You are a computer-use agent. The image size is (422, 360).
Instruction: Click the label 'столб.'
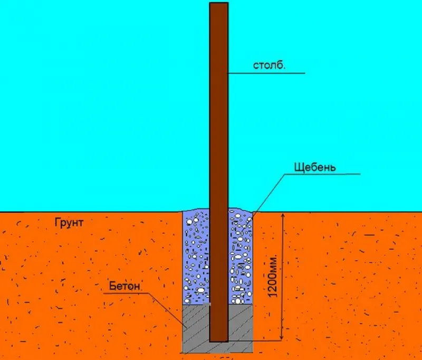(x=269, y=65)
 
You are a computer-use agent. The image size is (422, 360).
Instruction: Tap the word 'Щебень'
(x=315, y=167)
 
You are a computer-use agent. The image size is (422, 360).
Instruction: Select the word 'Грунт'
(x=69, y=223)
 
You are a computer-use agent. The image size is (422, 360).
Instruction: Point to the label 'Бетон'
(x=124, y=286)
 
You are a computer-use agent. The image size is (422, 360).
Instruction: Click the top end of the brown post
(x=219, y=3)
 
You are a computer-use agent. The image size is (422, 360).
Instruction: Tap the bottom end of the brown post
(x=219, y=342)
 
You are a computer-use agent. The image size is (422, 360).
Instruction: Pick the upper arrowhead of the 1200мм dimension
(x=282, y=215)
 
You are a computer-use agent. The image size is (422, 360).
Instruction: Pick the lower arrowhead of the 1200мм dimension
(x=282, y=337)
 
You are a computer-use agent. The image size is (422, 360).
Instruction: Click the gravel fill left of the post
(x=196, y=257)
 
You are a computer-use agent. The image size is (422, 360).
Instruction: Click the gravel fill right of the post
(x=241, y=257)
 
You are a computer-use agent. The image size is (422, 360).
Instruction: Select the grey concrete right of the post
(x=241, y=323)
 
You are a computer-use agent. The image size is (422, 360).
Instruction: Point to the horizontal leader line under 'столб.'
(x=266, y=73)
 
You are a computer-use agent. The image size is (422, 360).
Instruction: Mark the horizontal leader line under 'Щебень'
(x=322, y=174)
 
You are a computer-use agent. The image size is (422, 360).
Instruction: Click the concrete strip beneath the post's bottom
(x=218, y=347)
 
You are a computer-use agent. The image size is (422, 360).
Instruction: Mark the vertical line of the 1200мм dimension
(x=282, y=277)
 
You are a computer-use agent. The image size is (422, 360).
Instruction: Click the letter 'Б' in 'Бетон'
(x=112, y=286)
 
